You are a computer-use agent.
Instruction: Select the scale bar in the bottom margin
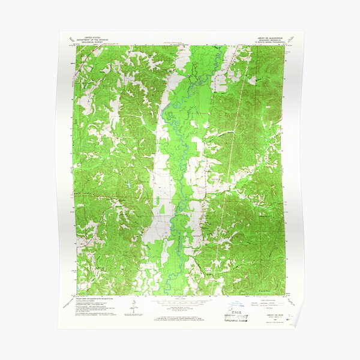[x=180, y=302]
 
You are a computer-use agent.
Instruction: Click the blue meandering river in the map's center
[x=180, y=150]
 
